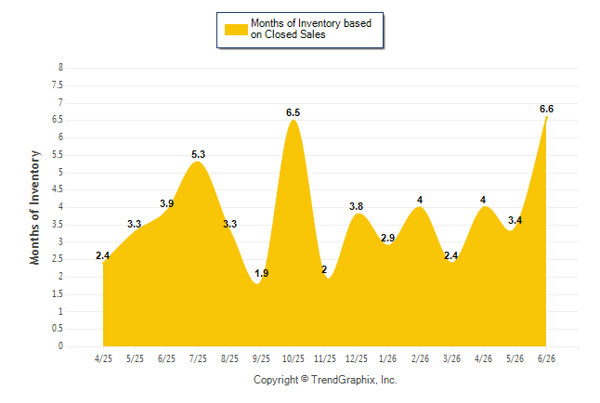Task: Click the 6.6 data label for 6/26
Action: [546, 109]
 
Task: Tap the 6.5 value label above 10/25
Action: [293, 113]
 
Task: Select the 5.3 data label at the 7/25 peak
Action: [198, 155]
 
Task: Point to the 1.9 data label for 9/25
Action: [262, 274]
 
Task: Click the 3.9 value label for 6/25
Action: [167, 203]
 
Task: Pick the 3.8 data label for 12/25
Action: [357, 207]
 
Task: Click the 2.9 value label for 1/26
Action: [387, 238]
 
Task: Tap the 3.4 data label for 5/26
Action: [515, 220]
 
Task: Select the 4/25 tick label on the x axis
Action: [103, 358]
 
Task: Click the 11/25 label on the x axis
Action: [325, 358]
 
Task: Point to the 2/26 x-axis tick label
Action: [420, 358]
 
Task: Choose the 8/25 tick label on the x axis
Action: [230, 358]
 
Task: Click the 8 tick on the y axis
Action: [60, 68]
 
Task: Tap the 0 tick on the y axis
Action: [60, 346]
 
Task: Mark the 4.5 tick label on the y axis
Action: [58, 189]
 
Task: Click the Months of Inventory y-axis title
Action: [34, 207]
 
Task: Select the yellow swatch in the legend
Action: [236, 30]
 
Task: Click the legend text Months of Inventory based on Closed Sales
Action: [311, 29]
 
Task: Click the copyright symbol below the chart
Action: [305, 379]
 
